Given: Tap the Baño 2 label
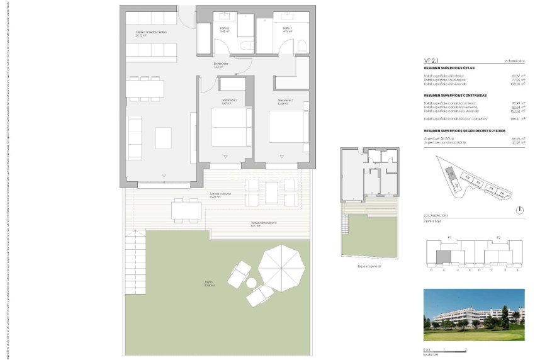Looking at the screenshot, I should tap(224, 29).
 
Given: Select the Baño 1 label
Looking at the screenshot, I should tap(287, 29).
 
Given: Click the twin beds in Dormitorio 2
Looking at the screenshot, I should tap(227, 127).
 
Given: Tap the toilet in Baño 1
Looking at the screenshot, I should tap(301, 45).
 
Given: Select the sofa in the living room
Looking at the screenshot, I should tap(135, 137).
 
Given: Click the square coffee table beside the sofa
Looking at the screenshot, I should tap(164, 137).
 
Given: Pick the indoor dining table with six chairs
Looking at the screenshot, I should tap(145, 88).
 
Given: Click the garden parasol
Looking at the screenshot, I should tap(281, 266).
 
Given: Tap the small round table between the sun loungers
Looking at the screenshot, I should tap(252, 283).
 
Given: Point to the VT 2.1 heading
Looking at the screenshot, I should tap(432, 61).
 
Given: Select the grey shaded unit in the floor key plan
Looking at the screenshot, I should tap(443, 257).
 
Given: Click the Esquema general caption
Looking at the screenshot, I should tap(369, 266).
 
